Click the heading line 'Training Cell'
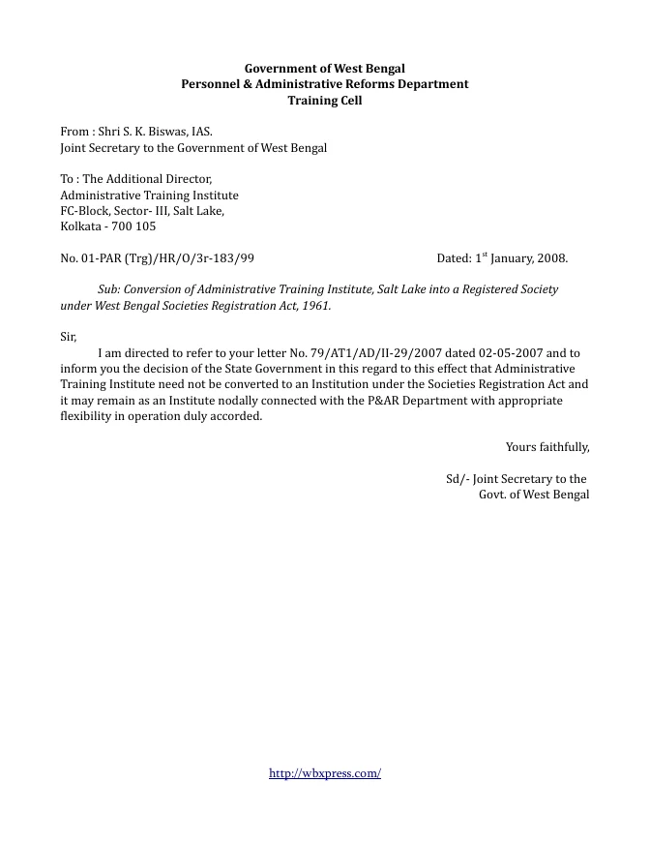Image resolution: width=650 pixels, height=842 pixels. point(325,100)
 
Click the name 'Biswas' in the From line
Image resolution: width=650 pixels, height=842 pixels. point(165,131)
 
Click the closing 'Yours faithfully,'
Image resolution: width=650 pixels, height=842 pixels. point(547,446)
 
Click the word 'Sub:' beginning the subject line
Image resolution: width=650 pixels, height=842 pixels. point(109,289)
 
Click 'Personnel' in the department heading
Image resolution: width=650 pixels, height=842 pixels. point(211,84)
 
